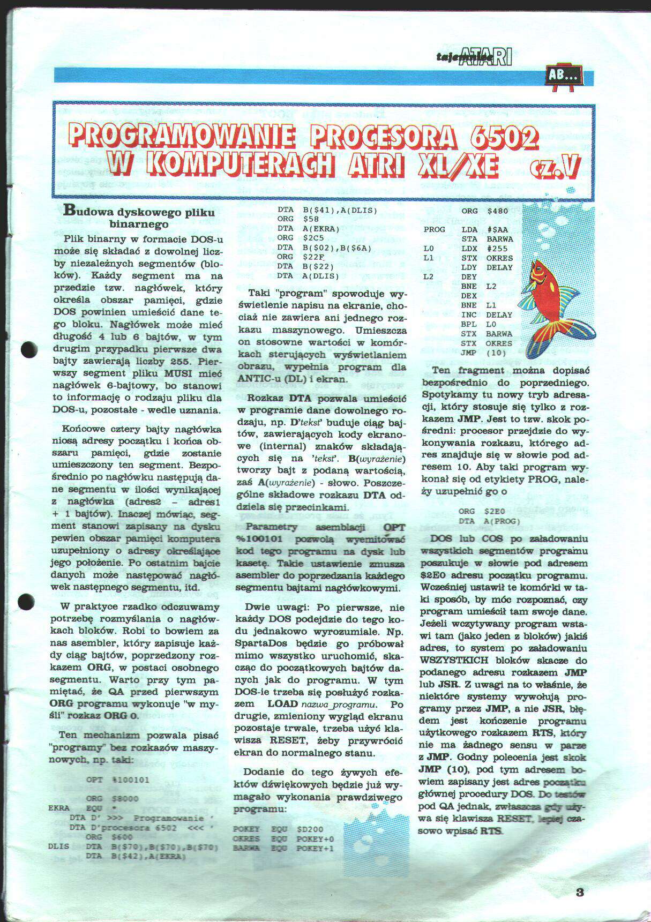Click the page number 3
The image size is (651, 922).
[x=579, y=892]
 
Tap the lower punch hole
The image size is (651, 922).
[x=26, y=602]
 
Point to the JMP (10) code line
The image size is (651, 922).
[x=479, y=353]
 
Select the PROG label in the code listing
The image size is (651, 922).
[x=434, y=230]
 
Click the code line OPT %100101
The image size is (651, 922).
[x=118, y=779]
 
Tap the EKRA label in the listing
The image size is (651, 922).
[x=59, y=808]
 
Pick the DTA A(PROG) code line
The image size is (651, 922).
[x=489, y=521]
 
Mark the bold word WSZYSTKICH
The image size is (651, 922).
[x=454, y=660]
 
